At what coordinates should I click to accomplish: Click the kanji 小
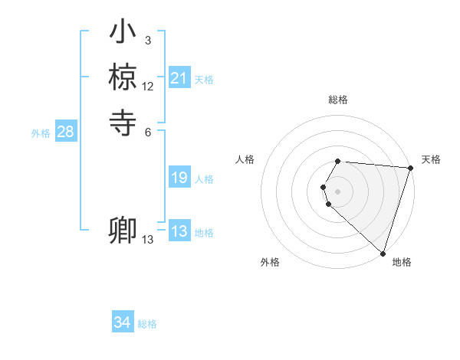(123, 33)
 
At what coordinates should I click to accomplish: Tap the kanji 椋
(123, 77)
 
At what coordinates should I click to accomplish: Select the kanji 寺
(123, 120)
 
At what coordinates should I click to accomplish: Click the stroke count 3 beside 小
(148, 41)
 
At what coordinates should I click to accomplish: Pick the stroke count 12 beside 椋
(148, 87)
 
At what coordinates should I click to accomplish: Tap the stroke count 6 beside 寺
(148, 131)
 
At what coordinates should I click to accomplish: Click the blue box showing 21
(179, 78)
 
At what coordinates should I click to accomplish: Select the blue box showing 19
(179, 178)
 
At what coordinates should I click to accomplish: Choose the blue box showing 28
(65, 132)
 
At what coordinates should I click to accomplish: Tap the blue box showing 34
(123, 322)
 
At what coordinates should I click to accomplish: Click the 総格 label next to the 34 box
(147, 324)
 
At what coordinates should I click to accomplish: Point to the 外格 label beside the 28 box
(41, 133)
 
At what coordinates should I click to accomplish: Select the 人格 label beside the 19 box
(204, 179)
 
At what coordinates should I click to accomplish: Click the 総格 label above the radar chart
(338, 100)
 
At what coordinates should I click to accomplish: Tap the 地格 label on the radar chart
(402, 262)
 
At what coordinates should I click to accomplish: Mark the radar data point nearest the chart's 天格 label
(410, 169)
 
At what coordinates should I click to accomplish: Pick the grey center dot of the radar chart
(338, 191)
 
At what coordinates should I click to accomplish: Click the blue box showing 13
(179, 231)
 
